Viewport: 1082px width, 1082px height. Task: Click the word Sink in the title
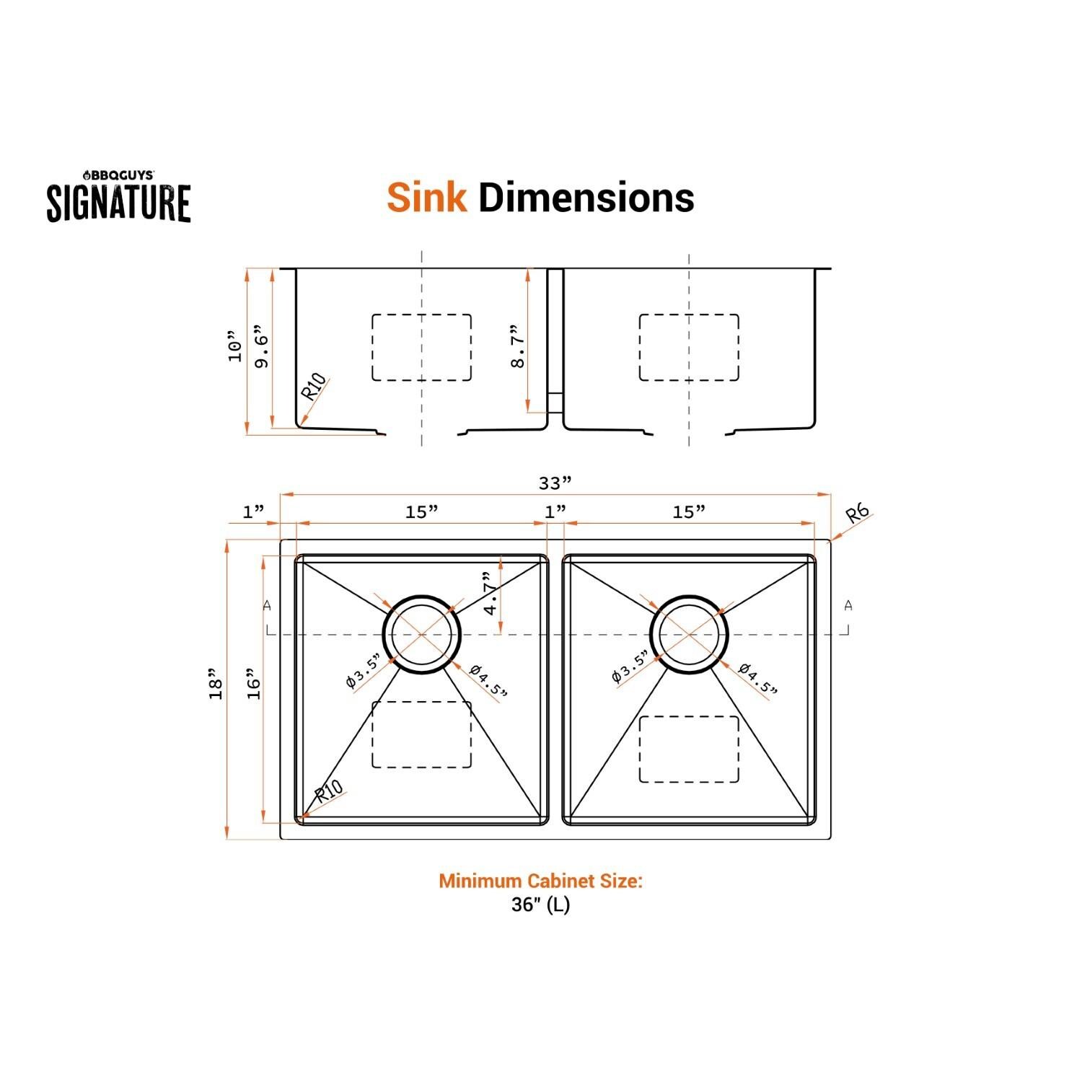coord(426,197)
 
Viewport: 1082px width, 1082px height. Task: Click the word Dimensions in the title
coord(586,197)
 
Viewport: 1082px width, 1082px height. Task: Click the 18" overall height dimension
coord(215,689)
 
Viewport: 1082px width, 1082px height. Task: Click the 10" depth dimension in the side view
coord(234,347)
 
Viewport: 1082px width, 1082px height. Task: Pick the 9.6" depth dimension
coord(261,350)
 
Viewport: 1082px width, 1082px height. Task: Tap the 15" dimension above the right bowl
coord(689,511)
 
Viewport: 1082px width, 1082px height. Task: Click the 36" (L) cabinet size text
coord(540,905)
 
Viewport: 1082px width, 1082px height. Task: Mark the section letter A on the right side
coord(848,605)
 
